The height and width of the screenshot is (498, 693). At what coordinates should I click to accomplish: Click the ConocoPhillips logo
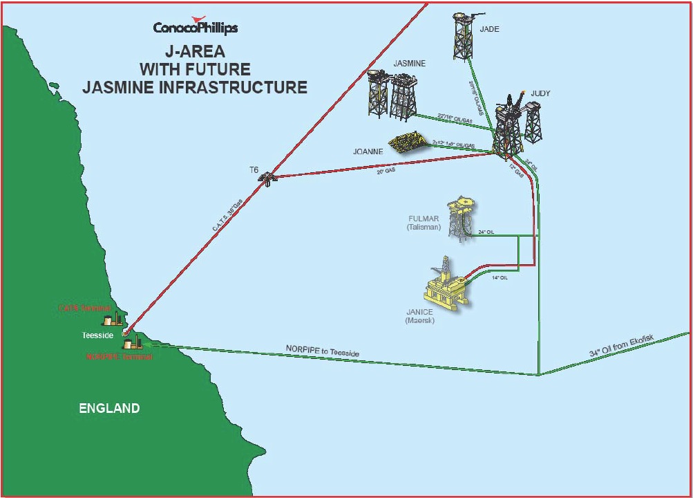pyautogui.click(x=196, y=27)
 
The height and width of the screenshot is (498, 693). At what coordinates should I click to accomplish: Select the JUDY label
pyautogui.click(x=540, y=93)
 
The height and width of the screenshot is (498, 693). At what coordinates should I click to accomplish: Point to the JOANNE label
pyautogui.click(x=368, y=151)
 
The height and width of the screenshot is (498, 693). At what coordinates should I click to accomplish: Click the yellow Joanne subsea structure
pyautogui.click(x=408, y=142)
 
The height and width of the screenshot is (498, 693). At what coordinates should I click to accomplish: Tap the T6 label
pyautogui.click(x=254, y=169)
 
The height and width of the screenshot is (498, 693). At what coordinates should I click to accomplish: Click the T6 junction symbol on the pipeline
pyautogui.click(x=267, y=178)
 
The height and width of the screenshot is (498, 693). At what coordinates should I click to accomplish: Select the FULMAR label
pyautogui.click(x=424, y=219)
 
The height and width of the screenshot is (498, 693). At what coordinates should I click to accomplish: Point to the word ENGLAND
pyautogui.click(x=109, y=408)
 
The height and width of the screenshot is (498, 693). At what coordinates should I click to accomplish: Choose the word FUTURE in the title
pyautogui.click(x=222, y=70)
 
